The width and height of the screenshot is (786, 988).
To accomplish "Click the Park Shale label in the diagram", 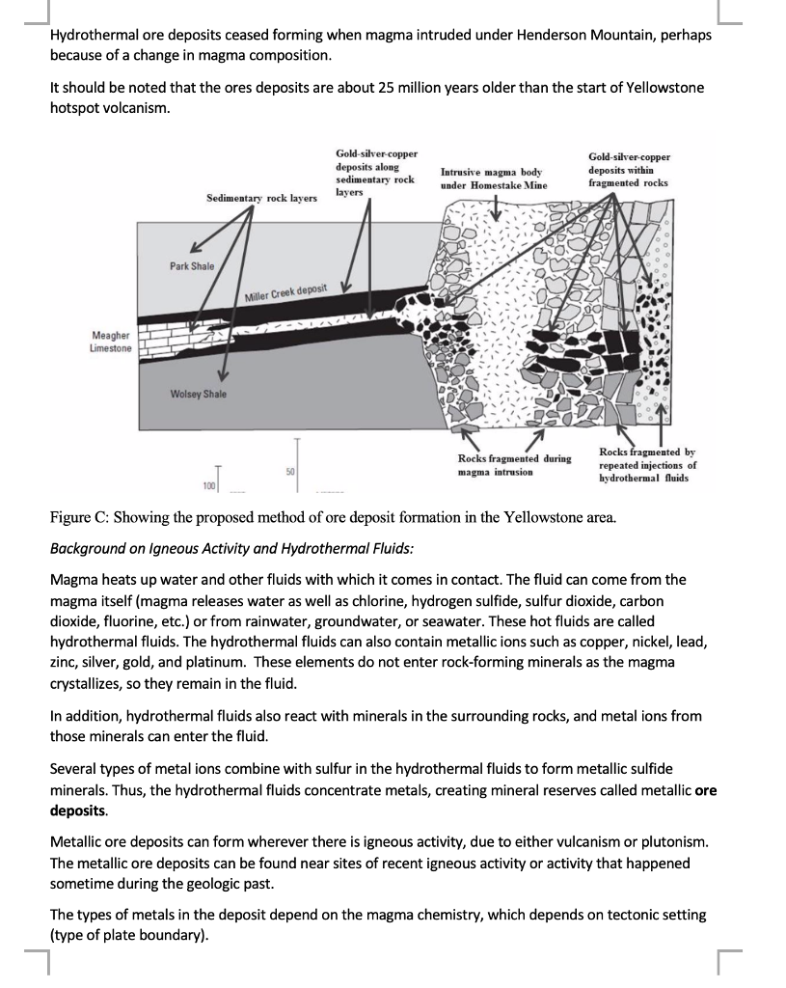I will tap(192, 265).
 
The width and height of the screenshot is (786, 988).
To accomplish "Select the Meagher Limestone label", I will tap(112, 342).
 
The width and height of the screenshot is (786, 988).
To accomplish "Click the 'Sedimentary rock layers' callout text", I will tap(261, 198).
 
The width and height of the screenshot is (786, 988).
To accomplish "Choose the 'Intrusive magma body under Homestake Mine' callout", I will tap(493, 178).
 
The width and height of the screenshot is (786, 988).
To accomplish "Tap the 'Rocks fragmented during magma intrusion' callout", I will tap(514, 465).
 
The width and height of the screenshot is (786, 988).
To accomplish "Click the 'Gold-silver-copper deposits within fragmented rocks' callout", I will tap(629, 170).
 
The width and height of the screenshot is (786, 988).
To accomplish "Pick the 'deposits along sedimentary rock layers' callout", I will tap(374, 173).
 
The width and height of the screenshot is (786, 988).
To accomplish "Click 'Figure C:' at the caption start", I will tap(78, 517).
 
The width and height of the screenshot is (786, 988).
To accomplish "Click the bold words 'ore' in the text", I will tap(705, 790).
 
